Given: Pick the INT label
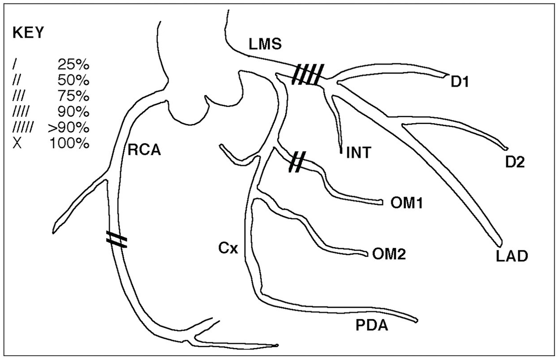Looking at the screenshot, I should tap(359, 153).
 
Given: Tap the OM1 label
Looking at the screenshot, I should tap(407, 203).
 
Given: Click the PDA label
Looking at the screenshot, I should tap(371, 325).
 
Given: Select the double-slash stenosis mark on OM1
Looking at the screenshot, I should tap(297, 161).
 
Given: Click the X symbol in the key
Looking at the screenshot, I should tap(17, 144).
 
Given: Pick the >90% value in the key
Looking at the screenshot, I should tap(68, 128).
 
